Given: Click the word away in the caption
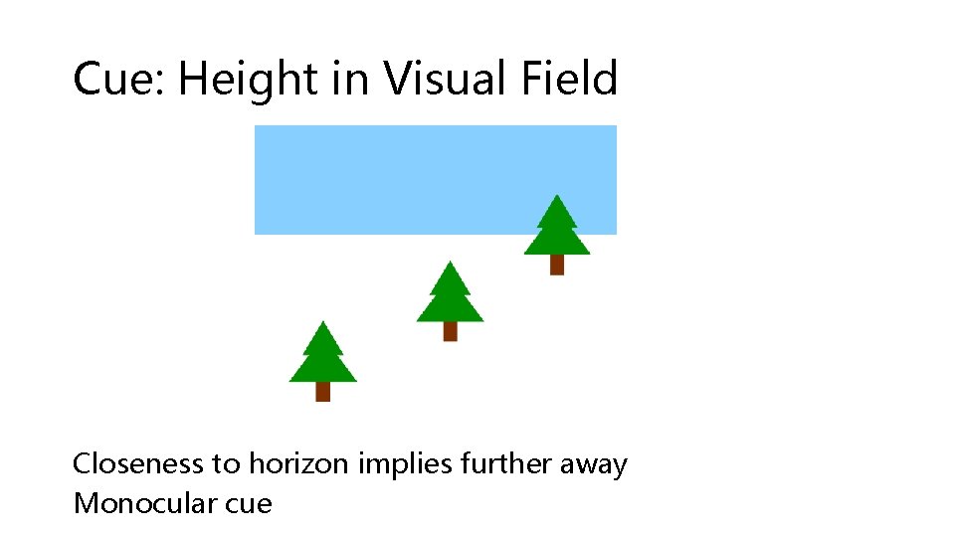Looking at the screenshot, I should [x=594, y=464].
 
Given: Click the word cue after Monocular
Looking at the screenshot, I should [x=249, y=503].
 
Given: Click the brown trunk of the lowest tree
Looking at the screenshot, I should [x=322, y=392].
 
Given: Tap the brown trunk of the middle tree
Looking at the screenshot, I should [x=450, y=331].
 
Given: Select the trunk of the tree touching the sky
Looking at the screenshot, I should [x=557, y=265].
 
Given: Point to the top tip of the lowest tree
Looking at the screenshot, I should [x=322, y=322].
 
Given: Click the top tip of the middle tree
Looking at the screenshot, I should [x=451, y=263].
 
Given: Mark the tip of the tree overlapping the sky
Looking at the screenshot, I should [x=557, y=196].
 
